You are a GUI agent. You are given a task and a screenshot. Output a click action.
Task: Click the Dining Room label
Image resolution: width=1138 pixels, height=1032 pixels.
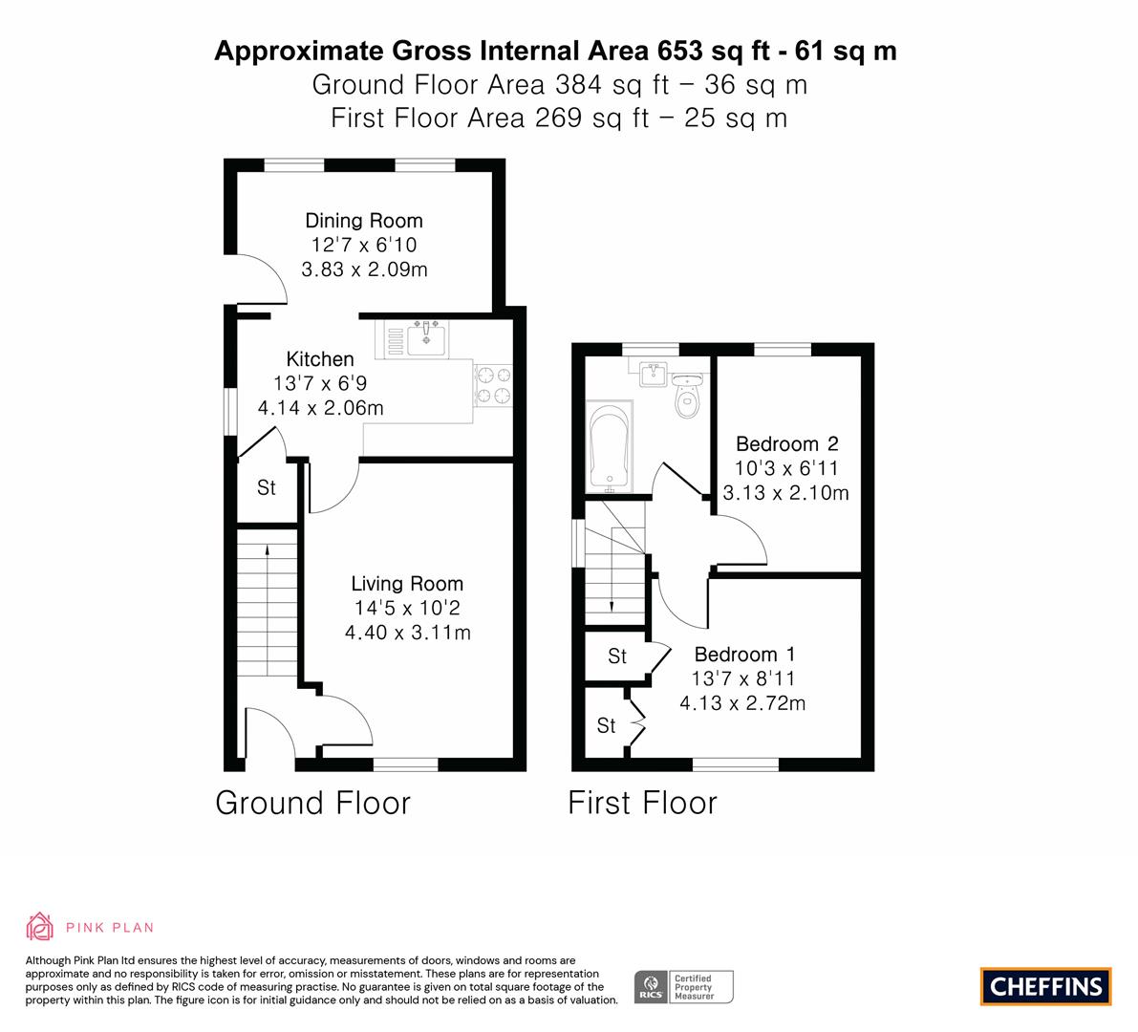pos(364,221)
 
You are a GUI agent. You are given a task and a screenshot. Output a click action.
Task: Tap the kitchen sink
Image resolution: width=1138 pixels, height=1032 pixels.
pos(426,338)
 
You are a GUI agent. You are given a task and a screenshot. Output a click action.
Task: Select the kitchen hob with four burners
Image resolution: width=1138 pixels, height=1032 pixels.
pos(494,385)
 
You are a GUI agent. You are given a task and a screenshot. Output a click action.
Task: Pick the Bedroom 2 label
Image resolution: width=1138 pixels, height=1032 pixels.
pos(786,443)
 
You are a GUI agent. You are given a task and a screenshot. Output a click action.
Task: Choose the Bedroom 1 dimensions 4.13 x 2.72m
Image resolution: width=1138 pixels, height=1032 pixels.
pos(742,703)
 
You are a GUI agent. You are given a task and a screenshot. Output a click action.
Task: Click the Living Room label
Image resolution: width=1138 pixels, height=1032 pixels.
pos(407,584)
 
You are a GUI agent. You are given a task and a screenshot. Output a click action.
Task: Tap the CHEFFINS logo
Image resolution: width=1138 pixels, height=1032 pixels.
pos(1046,986)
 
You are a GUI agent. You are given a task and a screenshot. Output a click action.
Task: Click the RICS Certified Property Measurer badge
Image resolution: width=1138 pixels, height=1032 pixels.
pos(684,987)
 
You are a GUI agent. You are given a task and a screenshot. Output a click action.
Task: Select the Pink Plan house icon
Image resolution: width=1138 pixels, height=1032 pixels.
pos(39,927)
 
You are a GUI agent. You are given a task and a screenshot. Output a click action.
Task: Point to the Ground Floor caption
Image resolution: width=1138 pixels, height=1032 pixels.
pos(312,803)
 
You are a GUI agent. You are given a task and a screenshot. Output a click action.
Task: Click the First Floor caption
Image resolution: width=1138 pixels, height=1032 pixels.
pos(642,803)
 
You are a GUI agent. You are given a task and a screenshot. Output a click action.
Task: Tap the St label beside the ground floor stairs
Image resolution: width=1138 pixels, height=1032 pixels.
pos(267,487)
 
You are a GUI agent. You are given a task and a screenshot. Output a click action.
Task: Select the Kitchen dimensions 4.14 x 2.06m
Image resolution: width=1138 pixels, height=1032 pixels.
pos(321,408)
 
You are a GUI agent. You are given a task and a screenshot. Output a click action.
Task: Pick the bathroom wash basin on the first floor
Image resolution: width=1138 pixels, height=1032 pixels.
pos(654,373)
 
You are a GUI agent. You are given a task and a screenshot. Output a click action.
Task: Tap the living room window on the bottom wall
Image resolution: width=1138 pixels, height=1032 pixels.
pos(406,764)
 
